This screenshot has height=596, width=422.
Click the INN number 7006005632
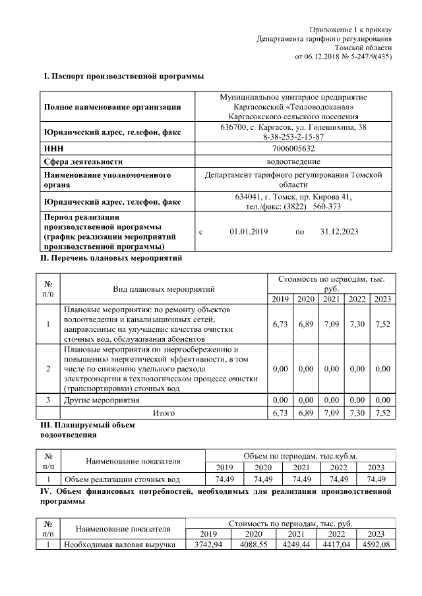click(x=291, y=149)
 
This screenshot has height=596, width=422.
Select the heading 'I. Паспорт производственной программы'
click(x=123, y=76)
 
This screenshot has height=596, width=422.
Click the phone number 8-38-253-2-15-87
click(x=293, y=136)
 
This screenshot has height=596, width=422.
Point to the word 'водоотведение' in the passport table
click(x=292, y=161)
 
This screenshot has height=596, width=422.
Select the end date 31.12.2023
click(x=339, y=232)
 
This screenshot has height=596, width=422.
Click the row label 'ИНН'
click(x=53, y=149)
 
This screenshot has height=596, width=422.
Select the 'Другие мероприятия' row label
click(x=102, y=400)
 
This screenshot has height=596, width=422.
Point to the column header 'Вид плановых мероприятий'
click(x=164, y=288)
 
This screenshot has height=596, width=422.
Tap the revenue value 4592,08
click(x=374, y=545)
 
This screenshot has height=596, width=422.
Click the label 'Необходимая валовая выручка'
click(x=119, y=545)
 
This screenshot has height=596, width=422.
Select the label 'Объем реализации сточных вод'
click(x=122, y=479)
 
